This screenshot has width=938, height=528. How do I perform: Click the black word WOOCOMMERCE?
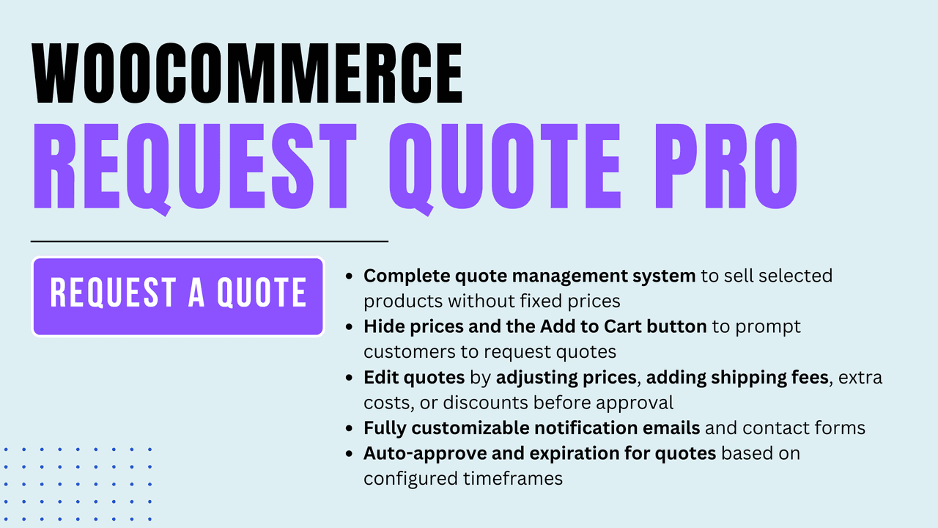tap(248, 73)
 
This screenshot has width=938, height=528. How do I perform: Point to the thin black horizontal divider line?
tap(209, 241)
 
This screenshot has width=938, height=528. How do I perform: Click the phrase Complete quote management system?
tap(529, 276)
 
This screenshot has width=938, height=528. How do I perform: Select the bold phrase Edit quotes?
tap(414, 378)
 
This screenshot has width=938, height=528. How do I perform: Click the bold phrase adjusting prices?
tap(566, 378)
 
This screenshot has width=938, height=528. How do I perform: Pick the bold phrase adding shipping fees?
tap(737, 378)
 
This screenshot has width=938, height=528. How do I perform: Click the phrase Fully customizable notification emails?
tap(531, 428)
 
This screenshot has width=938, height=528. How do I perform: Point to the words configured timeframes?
tap(463, 478)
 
